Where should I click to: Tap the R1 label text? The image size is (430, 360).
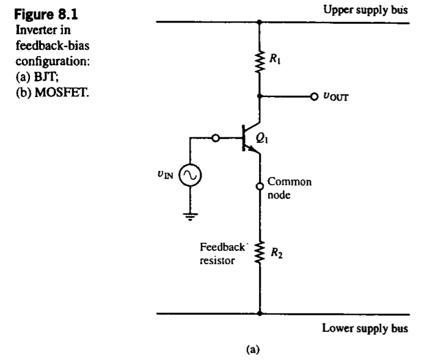pos(277,60)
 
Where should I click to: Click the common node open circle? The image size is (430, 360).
pos(260,185)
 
